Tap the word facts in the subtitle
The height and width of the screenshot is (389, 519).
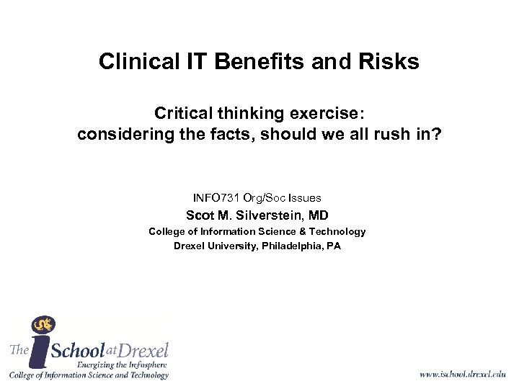pos(239,134)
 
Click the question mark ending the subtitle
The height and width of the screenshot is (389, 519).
pos(436,134)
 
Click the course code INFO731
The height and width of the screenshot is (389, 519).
pos(216,197)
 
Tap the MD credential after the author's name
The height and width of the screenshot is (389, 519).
pos(318,215)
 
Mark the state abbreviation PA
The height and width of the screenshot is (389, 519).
pos(334,246)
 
